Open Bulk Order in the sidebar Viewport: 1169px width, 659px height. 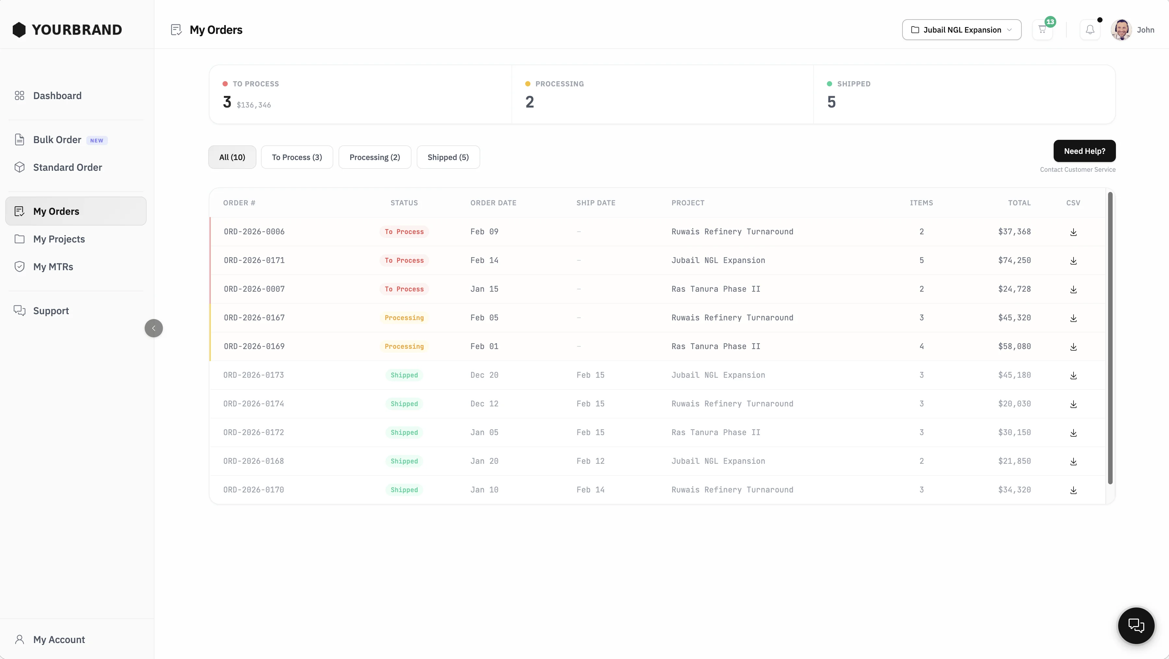[x=57, y=140]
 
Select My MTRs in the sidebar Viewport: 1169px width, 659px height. [x=53, y=267]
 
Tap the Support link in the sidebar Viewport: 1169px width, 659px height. [x=51, y=311]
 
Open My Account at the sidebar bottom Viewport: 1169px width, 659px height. [x=59, y=639]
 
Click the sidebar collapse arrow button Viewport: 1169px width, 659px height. [x=154, y=328]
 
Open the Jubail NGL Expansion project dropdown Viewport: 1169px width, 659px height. [x=961, y=30]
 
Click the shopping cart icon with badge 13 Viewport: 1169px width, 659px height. [x=1042, y=30]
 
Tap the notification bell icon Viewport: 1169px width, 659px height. [x=1090, y=30]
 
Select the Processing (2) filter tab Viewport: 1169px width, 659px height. [x=375, y=157]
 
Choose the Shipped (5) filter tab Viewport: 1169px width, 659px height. [x=448, y=157]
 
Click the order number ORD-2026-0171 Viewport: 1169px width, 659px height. [x=254, y=260]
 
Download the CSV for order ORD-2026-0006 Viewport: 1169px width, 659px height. [x=1073, y=232]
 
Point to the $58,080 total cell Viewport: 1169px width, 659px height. [x=1014, y=347]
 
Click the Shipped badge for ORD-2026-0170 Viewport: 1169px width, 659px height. [x=404, y=490]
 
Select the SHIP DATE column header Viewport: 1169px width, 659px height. [x=596, y=203]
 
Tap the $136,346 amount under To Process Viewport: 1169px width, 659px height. [x=254, y=105]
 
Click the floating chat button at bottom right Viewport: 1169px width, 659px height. [x=1136, y=625]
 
